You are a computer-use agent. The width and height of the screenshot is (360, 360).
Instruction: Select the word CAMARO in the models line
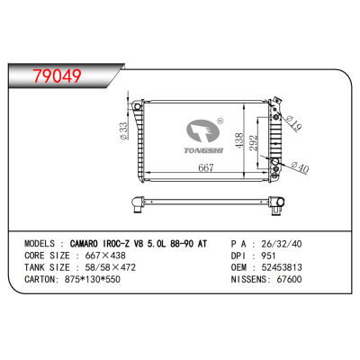point(92,242)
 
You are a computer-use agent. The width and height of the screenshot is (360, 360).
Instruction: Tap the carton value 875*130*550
point(92,280)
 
